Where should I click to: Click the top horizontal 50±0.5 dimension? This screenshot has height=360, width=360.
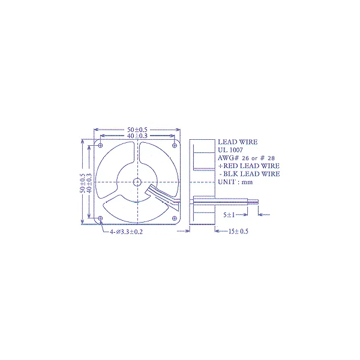click(137, 130)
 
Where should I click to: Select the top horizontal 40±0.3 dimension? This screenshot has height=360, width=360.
click(137, 136)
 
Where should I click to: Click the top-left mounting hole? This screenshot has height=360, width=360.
click(100, 145)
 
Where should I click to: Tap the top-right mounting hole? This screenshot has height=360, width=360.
click(174, 145)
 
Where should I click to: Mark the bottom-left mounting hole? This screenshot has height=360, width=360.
click(100, 218)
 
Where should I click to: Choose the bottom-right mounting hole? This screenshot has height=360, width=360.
click(174, 218)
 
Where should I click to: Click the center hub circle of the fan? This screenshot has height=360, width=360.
click(137, 182)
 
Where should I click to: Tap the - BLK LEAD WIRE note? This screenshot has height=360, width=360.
click(249, 173)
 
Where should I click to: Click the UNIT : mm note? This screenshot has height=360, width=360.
click(237, 181)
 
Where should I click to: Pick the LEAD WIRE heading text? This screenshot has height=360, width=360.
click(238, 142)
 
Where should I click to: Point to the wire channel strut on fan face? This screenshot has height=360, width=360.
click(161, 197)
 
